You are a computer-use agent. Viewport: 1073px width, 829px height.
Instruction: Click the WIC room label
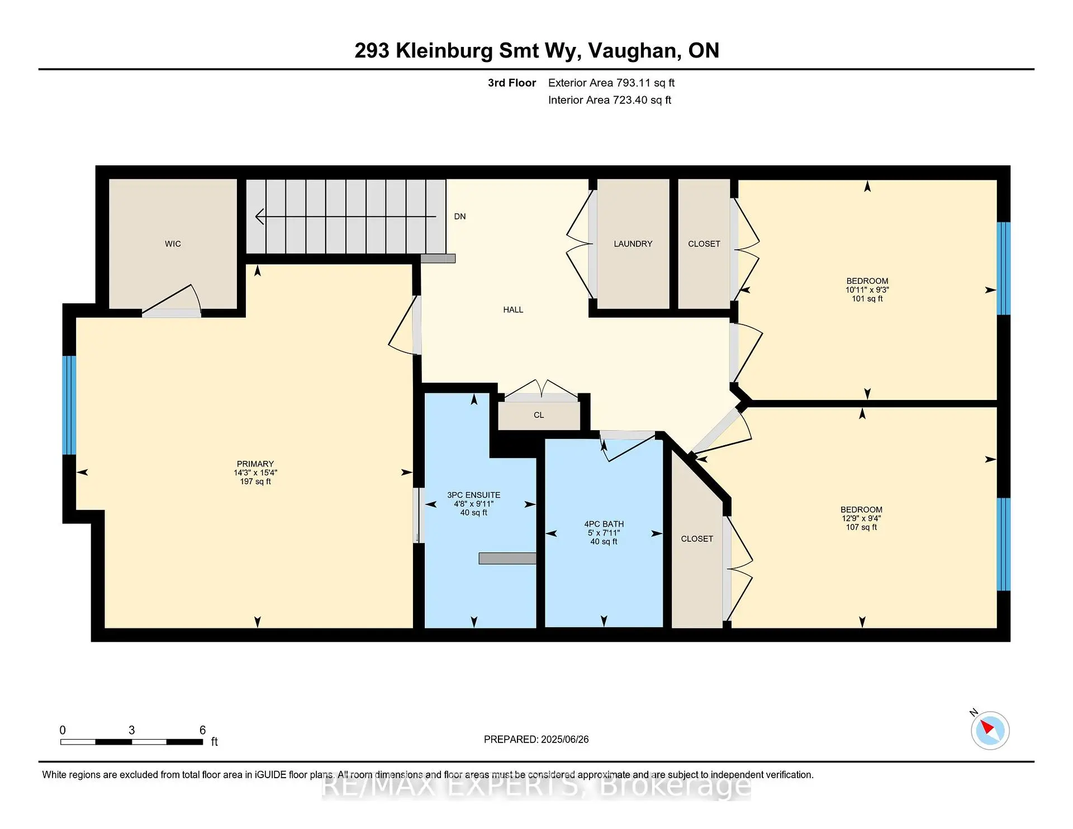(x=173, y=244)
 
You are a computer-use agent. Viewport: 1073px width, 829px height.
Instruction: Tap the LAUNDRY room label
(x=633, y=244)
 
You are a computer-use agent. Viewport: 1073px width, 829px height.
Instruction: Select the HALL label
(x=513, y=310)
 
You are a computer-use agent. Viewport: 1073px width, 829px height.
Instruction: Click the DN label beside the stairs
(x=460, y=217)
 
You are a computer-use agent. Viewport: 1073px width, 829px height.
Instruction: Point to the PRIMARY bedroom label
(x=255, y=464)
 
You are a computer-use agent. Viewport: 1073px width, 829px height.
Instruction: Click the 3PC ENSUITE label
(x=473, y=496)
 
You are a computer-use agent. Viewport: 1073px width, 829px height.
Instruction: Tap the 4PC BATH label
(x=604, y=525)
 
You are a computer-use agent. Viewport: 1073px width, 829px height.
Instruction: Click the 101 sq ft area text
(x=867, y=299)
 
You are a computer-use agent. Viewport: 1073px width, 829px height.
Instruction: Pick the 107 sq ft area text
(x=861, y=527)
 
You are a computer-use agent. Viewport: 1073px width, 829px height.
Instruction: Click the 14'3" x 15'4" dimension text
(x=255, y=473)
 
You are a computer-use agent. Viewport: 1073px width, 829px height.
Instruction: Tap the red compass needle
(x=987, y=727)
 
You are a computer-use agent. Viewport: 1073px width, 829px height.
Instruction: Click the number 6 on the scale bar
(x=203, y=730)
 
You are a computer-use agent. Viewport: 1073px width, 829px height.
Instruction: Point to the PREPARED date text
(x=536, y=740)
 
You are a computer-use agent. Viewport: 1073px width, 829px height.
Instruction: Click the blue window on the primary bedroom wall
(x=69, y=405)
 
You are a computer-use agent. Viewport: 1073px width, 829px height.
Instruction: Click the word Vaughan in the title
(x=634, y=51)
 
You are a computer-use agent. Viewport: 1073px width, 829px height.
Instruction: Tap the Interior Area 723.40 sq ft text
(x=609, y=101)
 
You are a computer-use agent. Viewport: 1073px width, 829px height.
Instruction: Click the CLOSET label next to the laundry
(x=704, y=244)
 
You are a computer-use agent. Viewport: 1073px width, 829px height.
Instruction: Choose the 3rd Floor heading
(x=511, y=83)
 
